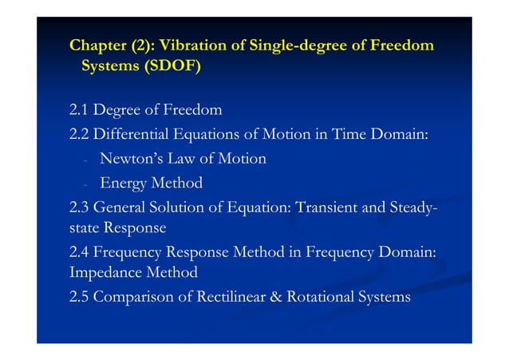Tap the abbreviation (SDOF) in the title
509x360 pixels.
coord(172,66)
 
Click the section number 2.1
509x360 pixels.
coord(79,109)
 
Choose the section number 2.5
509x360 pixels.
coord(79,298)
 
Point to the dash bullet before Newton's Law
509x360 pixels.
coord(84,160)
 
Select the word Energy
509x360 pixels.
coord(122,184)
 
